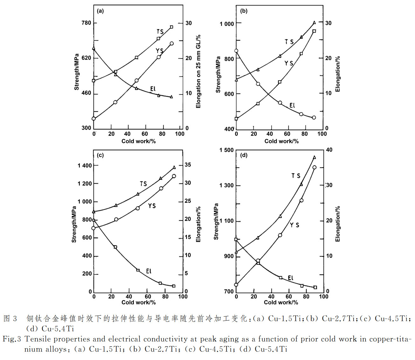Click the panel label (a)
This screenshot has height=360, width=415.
pos(100,11)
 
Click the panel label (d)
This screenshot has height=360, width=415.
pos(244,155)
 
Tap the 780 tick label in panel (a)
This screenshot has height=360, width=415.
pos(86,23)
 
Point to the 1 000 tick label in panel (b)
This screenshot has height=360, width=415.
pos(227,24)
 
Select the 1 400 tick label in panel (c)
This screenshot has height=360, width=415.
pos(84,166)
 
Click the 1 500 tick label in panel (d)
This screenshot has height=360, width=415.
pos(226,150)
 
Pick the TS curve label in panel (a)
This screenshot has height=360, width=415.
pos(160,32)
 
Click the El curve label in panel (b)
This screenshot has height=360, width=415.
pos(292,105)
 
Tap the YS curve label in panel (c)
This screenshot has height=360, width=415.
pos(152,206)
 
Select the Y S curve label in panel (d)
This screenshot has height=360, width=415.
pos(294,225)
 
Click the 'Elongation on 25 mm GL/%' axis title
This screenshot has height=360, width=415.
pos(198,71)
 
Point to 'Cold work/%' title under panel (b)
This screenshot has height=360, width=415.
pos(281,141)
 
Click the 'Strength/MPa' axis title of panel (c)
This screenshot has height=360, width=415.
pos(74,224)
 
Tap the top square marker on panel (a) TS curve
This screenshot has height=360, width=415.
pos(171,27)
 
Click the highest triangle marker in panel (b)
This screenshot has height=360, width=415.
pos(315,23)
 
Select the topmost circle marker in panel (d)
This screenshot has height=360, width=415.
pos(315,167)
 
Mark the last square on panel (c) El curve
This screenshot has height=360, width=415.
pos(174,286)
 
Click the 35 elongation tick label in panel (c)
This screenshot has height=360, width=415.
pos(188,165)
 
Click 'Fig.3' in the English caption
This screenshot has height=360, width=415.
pos(12,339)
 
